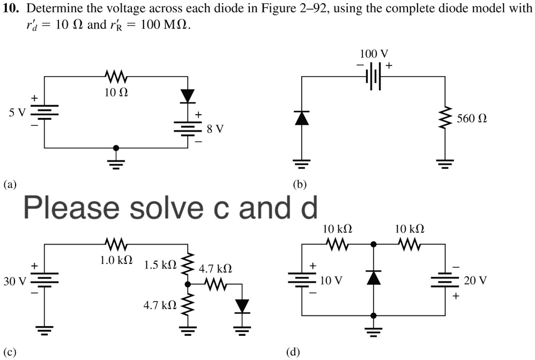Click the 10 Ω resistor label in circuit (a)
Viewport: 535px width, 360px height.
116,93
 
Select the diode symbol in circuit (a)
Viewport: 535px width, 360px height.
188,96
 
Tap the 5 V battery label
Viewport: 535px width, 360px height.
17,113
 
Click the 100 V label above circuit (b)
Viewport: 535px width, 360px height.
374,54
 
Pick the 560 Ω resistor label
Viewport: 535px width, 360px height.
472,118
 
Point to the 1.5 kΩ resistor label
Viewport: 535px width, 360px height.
160,265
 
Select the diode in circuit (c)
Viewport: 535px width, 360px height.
243,306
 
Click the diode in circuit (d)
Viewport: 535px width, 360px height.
373,278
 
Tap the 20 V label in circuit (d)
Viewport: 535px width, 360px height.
475,281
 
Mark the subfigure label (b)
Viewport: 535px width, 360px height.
300,185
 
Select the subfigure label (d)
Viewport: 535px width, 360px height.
293,352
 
